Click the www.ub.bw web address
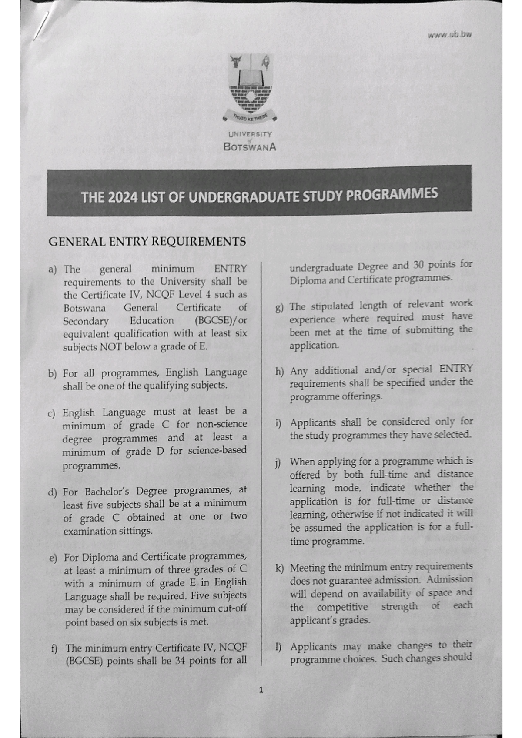[x=449, y=35]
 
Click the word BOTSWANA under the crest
[x=250, y=147]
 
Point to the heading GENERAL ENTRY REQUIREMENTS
[x=147, y=242]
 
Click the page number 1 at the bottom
[x=261, y=690]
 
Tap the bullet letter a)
[x=53, y=269]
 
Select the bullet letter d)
[x=53, y=492]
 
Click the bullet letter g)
[x=279, y=308]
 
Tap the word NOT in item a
[x=110, y=347]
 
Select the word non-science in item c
[x=222, y=424]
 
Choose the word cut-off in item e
[x=232, y=608]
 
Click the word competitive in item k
[x=342, y=607]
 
